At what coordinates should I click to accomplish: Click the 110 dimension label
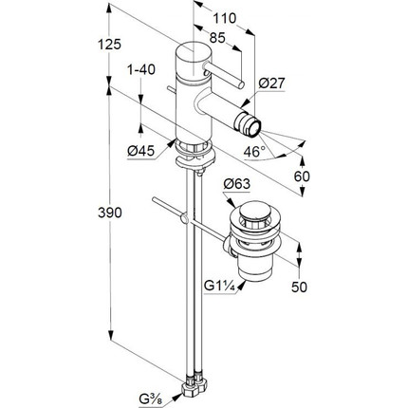[x=224, y=18]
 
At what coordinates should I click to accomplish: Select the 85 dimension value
[x=217, y=38]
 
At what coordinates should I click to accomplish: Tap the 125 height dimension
[x=109, y=45]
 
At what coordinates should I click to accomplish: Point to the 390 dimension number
[x=110, y=213]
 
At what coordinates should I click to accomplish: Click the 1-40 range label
[x=141, y=69]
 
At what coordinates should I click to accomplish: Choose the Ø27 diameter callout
[x=271, y=83]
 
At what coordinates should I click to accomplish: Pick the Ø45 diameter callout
[x=141, y=151]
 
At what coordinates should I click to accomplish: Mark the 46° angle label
[x=254, y=152]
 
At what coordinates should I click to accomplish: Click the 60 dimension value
[x=302, y=176]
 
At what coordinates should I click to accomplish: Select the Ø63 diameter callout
[x=236, y=184]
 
